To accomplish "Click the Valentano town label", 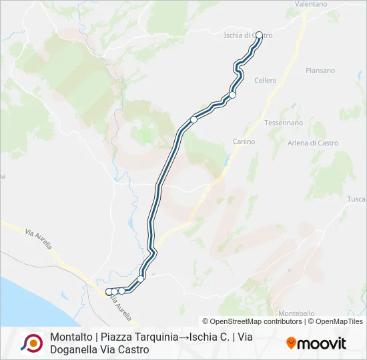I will click(x=311, y=4).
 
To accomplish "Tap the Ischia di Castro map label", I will click(x=248, y=35).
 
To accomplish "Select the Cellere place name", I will click(x=266, y=80).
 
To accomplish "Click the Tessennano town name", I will click(x=284, y=123).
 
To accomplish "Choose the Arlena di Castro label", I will click(x=313, y=143).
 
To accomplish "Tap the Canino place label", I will click(x=244, y=141).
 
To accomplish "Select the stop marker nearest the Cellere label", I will click(x=233, y=95).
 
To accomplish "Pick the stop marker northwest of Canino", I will click(x=194, y=119).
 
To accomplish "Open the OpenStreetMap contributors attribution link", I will click(x=252, y=321).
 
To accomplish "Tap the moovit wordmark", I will click(x=322, y=343).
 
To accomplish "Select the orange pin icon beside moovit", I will click(x=291, y=343).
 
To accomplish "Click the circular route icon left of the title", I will click(x=31, y=343).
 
